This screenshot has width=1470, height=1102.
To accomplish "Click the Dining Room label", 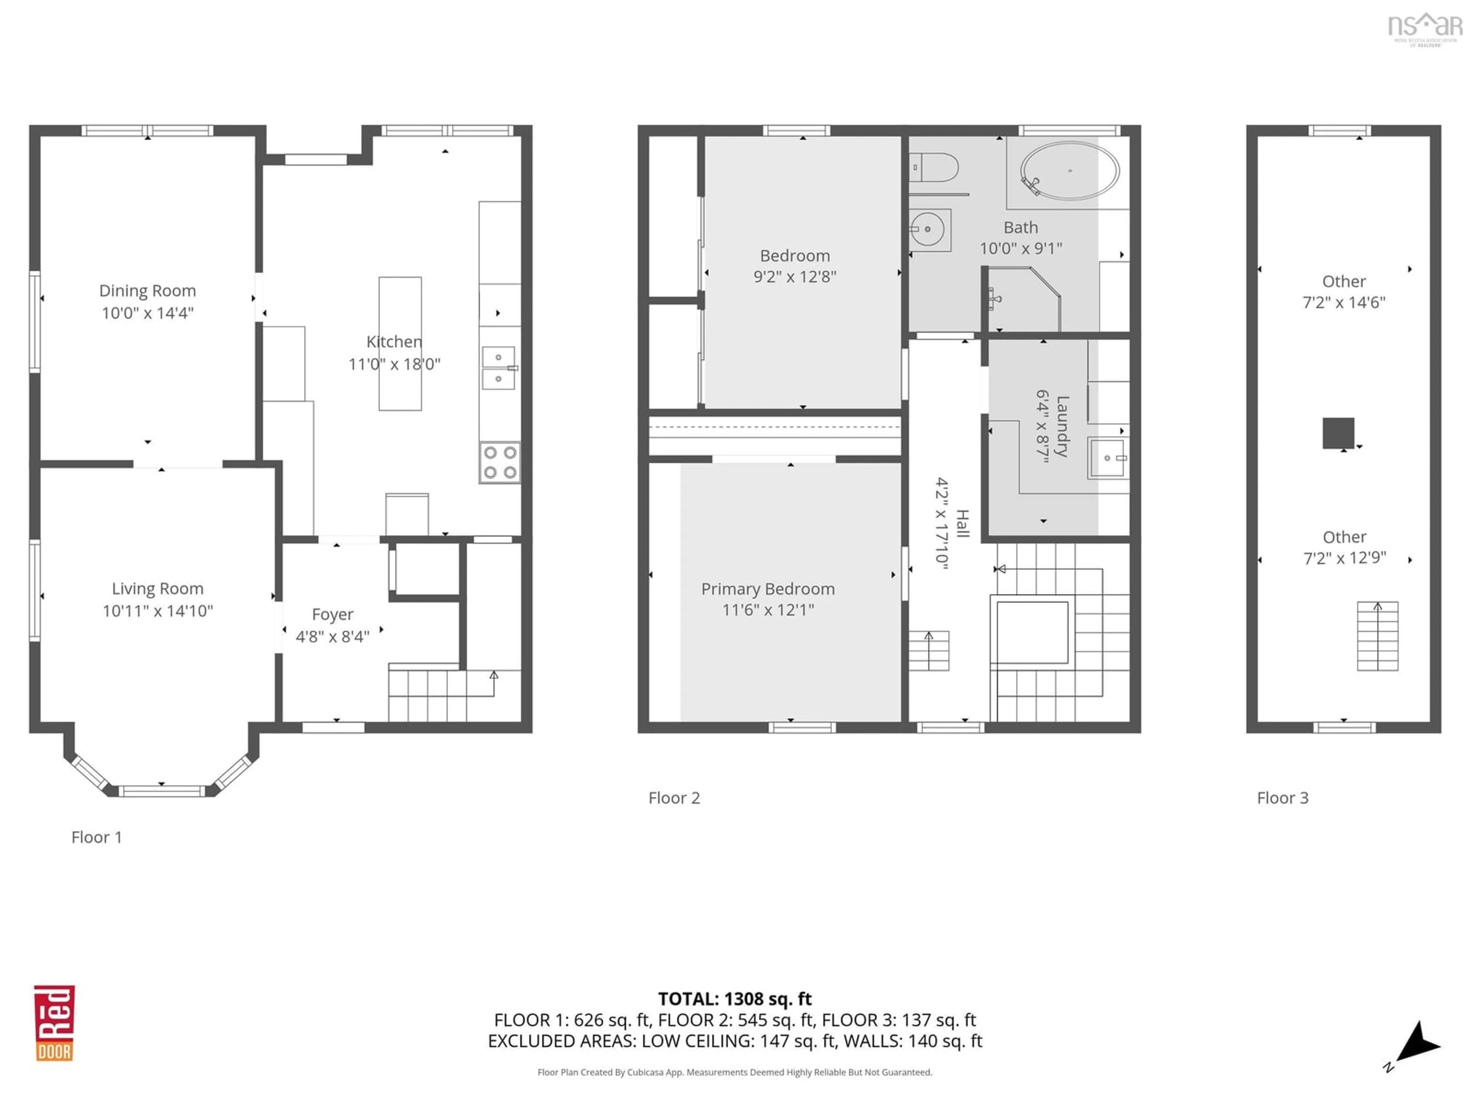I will pos(147,290).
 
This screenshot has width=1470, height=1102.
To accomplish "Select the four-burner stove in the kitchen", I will pos(500,462).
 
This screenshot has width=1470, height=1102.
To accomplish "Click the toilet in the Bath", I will pos(933,167).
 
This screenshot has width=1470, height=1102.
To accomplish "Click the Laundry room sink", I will pos(1107,458).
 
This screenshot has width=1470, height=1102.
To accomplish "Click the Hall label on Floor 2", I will pos(962,523).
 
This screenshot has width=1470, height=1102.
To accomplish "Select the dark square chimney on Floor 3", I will pos(1338,433).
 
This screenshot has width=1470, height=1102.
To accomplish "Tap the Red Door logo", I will pos(54,1023).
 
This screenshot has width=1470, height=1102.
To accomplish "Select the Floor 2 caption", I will pos(674,798).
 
